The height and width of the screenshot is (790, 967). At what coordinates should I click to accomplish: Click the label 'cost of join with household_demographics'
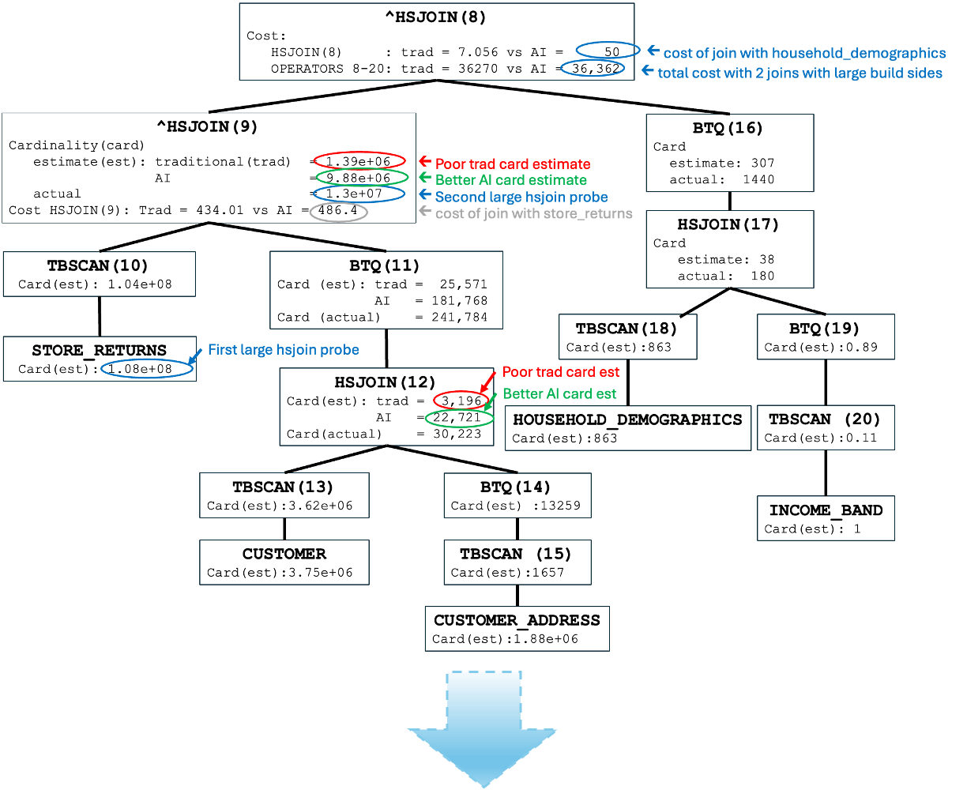(804, 53)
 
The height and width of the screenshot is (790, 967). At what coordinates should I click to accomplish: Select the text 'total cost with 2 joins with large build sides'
(800, 73)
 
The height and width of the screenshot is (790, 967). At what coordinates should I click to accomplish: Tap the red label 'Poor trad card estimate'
(513, 164)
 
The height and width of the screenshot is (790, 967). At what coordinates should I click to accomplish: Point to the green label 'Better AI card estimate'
(510, 180)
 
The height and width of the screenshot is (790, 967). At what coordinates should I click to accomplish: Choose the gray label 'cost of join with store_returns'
(534, 213)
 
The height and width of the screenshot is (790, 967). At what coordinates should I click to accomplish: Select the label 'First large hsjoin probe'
(283, 349)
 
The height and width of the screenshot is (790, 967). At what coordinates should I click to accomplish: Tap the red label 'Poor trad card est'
(561, 372)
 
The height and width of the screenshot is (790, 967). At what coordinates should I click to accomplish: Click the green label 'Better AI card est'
(559, 393)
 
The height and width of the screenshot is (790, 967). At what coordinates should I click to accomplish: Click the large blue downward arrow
(483, 727)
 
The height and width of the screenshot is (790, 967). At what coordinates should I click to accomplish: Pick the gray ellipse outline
(338, 212)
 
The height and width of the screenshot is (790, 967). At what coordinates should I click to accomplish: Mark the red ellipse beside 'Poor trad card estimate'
(359, 160)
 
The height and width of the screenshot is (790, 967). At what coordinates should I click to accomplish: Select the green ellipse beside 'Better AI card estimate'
(362, 177)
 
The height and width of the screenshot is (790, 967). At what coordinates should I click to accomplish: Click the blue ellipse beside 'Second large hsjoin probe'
(359, 194)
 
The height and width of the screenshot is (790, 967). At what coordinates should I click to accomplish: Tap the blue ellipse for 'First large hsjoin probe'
(147, 368)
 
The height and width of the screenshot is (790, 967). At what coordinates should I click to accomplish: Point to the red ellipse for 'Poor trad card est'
(461, 400)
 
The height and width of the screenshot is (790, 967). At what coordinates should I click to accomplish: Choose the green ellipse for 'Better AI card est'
(459, 419)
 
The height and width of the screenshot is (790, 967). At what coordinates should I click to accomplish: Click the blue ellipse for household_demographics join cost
(608, 50)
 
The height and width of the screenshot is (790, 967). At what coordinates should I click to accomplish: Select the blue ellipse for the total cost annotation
(593, 68)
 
